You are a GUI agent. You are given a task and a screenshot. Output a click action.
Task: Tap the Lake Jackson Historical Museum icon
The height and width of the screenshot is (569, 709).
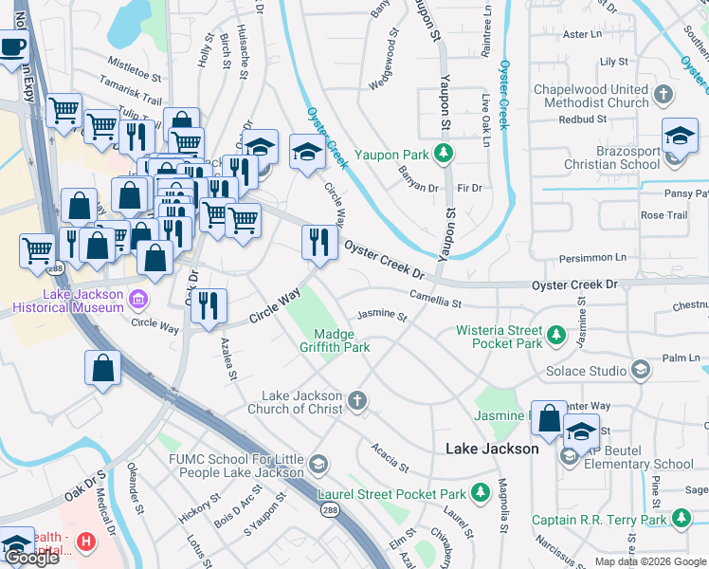pos(138,300)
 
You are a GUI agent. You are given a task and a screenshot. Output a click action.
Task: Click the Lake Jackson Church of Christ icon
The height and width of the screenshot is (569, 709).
pos(356,402)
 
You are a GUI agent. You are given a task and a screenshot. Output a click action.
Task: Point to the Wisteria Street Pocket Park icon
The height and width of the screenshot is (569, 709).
pos(556,336)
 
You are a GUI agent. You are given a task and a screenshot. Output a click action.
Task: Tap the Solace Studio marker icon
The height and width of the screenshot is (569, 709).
pos(641,370)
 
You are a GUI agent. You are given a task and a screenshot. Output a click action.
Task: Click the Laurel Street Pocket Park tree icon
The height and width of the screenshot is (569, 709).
pos(481,493)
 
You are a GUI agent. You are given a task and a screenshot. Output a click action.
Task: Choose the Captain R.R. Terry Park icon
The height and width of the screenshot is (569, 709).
pos(680,519)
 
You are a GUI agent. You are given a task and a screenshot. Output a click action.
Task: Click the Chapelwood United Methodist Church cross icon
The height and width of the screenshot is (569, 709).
pos(664,96)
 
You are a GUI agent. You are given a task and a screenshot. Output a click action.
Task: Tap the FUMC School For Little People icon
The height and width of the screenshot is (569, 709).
pos(318,465)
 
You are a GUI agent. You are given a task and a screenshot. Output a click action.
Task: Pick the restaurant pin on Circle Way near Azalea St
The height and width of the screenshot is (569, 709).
pos(209,306)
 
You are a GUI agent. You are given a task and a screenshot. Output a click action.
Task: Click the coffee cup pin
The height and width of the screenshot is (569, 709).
pos(11,46)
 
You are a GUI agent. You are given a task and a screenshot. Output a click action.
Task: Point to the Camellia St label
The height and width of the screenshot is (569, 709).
pos(435,301)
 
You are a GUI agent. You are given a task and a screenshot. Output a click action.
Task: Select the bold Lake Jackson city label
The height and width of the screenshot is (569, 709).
pos(492,449)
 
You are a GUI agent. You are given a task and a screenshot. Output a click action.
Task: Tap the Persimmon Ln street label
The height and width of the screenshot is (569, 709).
pos(594,257)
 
